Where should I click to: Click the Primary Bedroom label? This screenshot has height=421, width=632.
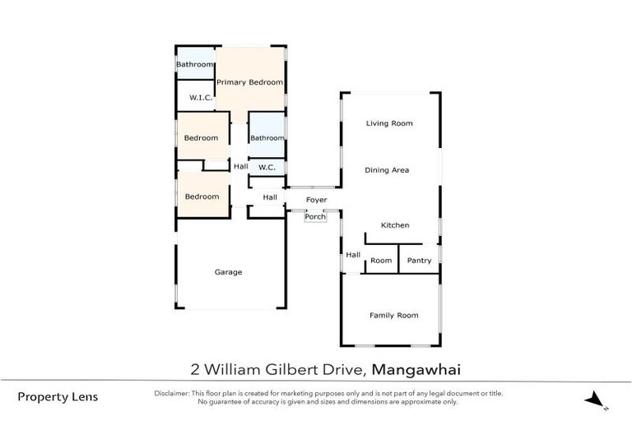[249, 82]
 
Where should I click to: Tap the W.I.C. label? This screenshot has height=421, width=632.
[201, 98]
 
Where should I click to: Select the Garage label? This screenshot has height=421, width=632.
[228, 272]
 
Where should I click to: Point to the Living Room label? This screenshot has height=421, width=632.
[389, 123]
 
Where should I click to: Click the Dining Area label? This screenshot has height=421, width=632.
[387, 170]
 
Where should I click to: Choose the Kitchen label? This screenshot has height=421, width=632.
[395, 225]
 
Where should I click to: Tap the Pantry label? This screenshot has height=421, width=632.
[419, 261]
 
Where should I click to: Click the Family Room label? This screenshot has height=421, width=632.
[393, 315]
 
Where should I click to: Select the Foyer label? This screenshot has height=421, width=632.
[317, 200]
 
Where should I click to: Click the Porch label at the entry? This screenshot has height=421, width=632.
[315, 217]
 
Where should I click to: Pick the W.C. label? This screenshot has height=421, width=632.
[267, 168]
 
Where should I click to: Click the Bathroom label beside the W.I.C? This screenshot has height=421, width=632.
[195, 64]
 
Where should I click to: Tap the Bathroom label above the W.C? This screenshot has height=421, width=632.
[267, 138]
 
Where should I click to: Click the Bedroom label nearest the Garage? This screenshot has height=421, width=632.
[202, 197]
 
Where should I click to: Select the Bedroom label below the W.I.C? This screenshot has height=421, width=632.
[201, 138]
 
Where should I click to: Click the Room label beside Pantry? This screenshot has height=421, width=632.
[381, 261]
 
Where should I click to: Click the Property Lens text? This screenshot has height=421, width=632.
[58, 396]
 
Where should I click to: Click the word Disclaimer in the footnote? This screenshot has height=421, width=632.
[171, 393]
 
